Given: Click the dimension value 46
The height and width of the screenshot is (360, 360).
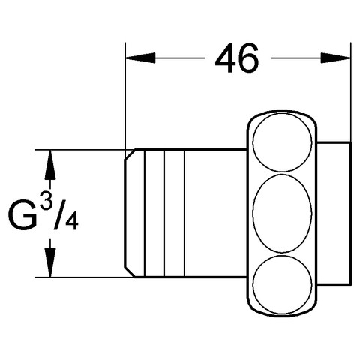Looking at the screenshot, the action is (237, 58).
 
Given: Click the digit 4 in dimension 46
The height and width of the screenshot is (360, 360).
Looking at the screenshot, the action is (226, 58).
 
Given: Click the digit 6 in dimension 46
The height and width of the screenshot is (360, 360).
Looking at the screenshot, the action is (248, 58).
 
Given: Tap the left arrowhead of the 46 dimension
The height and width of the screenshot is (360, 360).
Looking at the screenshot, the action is (140, 58).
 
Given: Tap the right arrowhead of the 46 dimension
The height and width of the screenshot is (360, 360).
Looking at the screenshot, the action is (336, 58).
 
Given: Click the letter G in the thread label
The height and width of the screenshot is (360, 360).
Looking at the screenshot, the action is (22, 214).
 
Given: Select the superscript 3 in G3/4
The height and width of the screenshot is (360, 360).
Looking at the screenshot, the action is (46, 200).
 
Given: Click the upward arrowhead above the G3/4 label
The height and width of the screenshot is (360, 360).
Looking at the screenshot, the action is (50, 164).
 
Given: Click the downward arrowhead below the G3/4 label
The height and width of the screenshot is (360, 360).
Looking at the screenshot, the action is (50, 262).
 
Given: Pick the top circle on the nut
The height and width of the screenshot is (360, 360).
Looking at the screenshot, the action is (282, 142).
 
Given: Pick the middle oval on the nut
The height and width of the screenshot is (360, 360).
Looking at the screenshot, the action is (282, 214).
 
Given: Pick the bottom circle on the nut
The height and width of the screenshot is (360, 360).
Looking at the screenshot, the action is (282, 284).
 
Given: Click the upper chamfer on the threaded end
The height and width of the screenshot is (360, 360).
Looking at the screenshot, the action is (130, 154).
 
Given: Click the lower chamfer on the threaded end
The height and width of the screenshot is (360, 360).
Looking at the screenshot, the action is (130, 271).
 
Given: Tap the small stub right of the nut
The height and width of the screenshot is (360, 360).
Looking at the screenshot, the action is (334, 213).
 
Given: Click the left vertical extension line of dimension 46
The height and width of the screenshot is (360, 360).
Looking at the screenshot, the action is (125, 96).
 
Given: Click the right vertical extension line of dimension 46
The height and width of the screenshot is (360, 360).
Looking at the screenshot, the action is (351, 92).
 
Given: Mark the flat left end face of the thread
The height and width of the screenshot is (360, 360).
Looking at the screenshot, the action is (125, 213).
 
